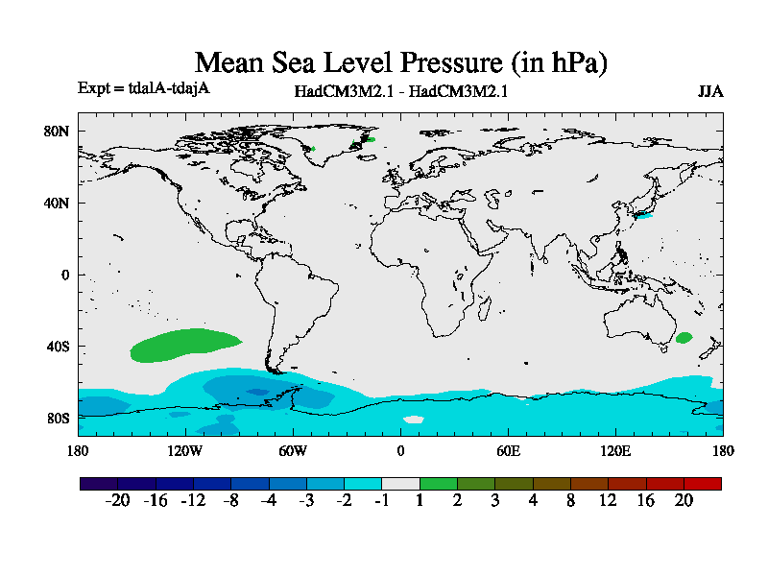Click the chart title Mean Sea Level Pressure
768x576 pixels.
point(401,63)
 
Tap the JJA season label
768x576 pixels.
point(710,92)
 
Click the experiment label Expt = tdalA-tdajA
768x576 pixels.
point(144,88)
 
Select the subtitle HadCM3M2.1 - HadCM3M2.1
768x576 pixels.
point(401,92)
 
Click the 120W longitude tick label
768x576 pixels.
point(184,451)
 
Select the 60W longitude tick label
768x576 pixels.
point(293,451)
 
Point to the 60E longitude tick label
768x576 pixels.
point(508,451)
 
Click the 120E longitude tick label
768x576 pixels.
point(615,451)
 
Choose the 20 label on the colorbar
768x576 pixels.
point(684,500)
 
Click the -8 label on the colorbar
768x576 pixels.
point(230,500)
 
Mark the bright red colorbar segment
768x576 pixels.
point(703,483)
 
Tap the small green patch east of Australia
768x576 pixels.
point(684,338)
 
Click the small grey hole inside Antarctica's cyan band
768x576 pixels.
point(413,419)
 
